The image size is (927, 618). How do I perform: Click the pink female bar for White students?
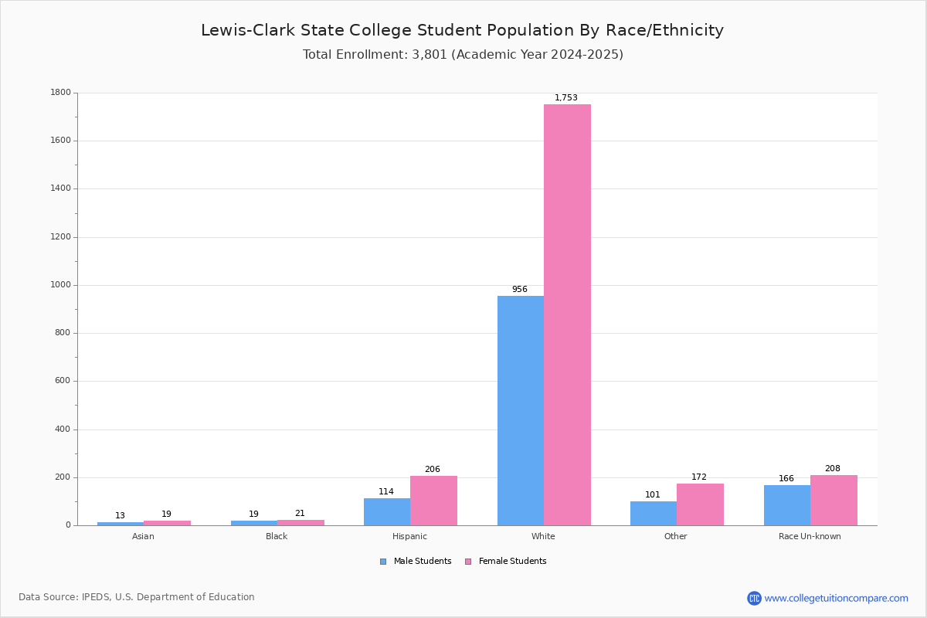567,314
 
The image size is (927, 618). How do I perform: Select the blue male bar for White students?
521,411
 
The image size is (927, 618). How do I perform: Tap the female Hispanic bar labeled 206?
433,501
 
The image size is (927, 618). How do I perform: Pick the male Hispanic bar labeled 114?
387,512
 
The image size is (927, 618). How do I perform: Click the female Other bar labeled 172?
700,504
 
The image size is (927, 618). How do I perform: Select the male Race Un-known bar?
787,505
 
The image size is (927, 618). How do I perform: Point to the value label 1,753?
565,97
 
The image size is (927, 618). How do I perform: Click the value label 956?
520,290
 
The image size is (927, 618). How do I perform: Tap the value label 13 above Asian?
120,516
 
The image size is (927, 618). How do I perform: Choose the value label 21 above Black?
300,513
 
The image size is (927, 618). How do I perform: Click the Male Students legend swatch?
383,562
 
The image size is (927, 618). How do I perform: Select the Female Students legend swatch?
468,562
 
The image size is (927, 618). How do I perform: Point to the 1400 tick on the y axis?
60,188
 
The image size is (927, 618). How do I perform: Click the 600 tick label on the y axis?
63,381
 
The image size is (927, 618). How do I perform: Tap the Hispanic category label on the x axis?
409,536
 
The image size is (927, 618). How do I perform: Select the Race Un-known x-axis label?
810,536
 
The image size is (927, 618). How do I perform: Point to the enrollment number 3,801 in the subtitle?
430,55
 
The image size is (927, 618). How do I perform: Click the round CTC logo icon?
754,598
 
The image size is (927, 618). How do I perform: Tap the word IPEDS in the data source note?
95,597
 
